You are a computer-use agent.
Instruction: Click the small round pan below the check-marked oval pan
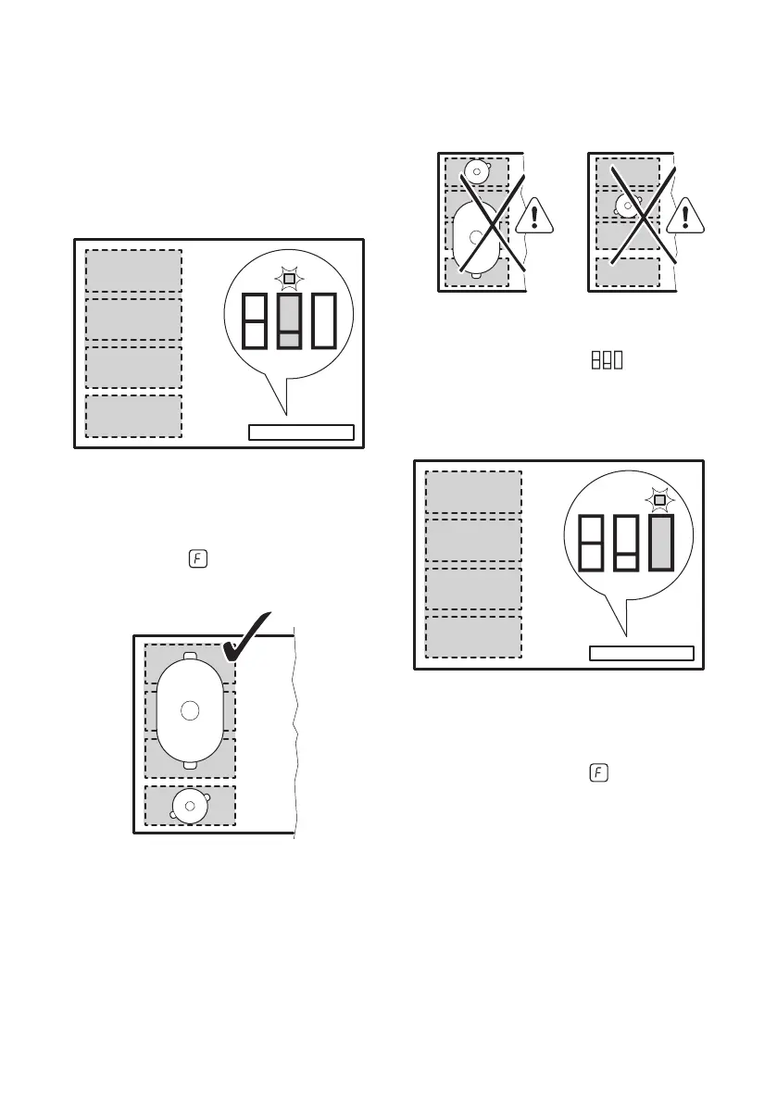click(190, 806)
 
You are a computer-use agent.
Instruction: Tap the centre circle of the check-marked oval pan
click(190, 710)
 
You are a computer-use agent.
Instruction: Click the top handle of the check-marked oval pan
click(190, 657)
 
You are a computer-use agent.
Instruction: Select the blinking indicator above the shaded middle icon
click(289, 277)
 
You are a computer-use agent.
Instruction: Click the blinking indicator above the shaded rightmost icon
click(659, 501)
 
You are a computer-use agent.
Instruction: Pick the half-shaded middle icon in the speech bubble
click(289, 320)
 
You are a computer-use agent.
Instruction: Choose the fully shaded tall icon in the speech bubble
click(660, 543)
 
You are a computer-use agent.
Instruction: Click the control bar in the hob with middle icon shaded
click(301, 432)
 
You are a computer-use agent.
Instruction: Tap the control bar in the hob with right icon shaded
click(641, 653)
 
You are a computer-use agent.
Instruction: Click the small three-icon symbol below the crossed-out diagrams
click(605, 360)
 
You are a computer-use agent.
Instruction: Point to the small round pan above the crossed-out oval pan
click(476, 171)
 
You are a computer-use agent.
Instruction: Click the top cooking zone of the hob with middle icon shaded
click(133, 270)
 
